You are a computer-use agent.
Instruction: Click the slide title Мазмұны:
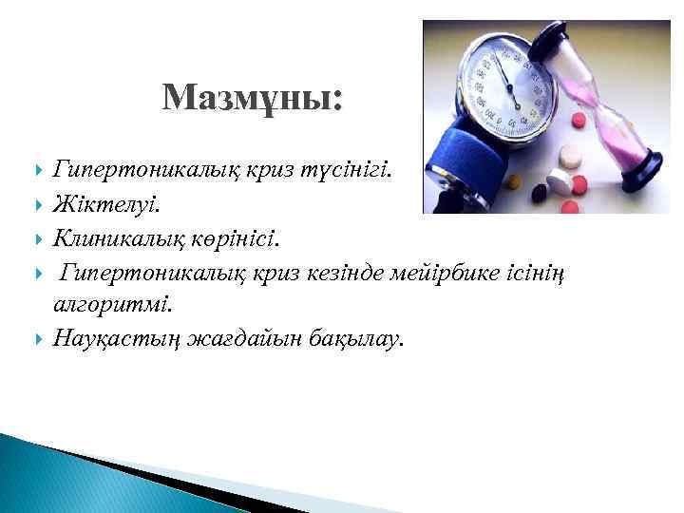pyautogui.click(x=254, y=98)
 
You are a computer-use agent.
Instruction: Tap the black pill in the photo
pyautogui.click(x=540, y=193)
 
